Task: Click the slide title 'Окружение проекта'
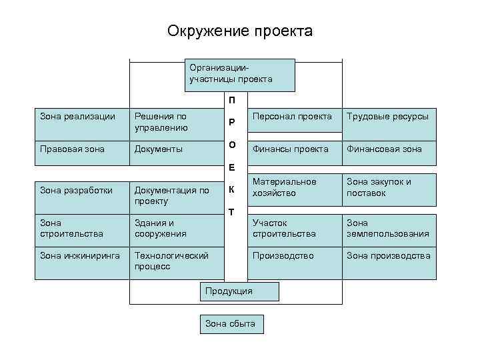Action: [x=239, y=31]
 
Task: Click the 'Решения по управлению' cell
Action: [x=177, y=122]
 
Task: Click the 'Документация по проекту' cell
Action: [x=177, y=195]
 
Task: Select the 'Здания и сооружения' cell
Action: [x=177, y=229]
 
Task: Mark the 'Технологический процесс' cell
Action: [x=177, y=261]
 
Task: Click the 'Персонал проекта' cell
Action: [x=293, y=122]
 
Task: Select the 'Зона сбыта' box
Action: [x=231, y=323]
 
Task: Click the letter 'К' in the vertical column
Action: [x=231, y=189]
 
